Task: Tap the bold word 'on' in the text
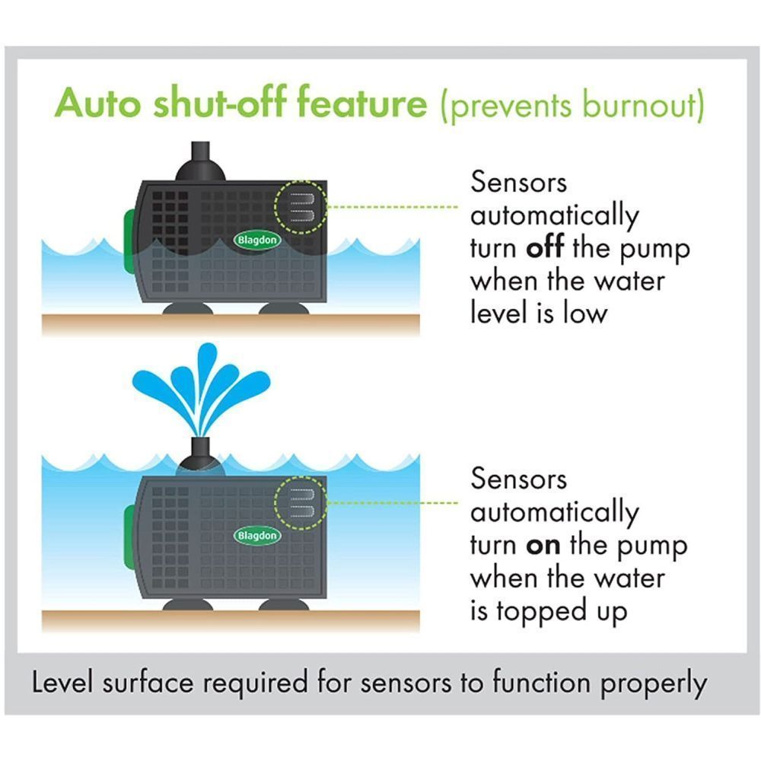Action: [x=544, y=546]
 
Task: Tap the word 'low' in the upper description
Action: [x=586, y=314]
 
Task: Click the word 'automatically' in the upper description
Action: [x=555, y=217]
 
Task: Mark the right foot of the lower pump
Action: [x=283, y=605]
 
